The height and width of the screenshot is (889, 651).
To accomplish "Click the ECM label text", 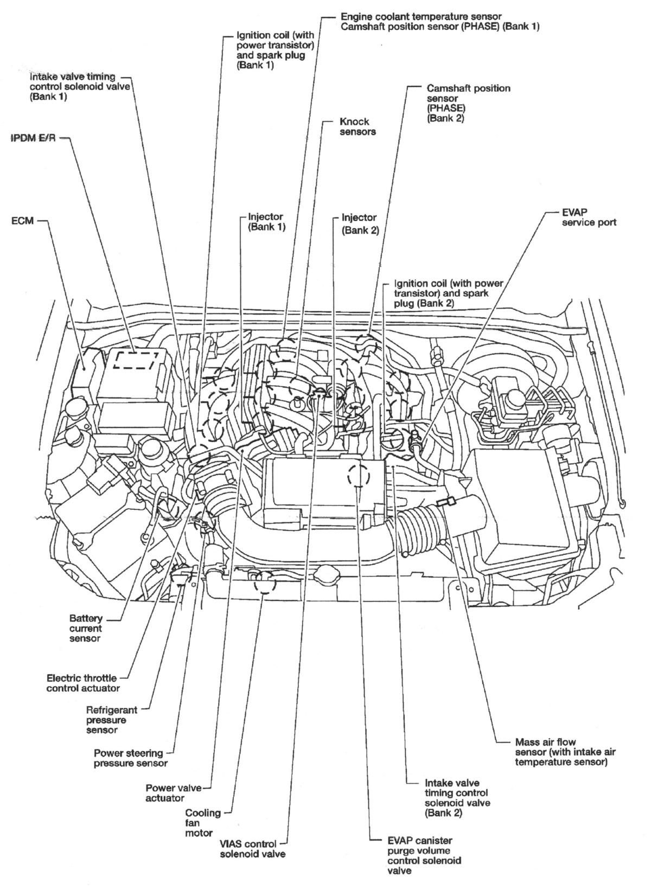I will click(x=22, y=221).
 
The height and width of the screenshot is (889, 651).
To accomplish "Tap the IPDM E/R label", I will click(x=33, y=138).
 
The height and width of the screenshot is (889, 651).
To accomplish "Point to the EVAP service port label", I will click(x=589, y=217).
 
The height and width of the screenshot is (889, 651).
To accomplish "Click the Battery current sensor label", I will click(x=85, y=628).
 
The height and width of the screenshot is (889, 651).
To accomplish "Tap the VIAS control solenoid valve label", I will click(x=248, y=849).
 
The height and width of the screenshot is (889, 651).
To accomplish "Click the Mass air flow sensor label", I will click(x=561, y=752).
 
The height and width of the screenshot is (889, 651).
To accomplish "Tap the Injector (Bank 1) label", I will click(x=266, y=222).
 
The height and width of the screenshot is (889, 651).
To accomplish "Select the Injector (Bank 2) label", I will click(x=359, y=223).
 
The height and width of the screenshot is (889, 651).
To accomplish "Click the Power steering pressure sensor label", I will click(x=129, y=758).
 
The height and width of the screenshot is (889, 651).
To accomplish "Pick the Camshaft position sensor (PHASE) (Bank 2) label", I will click(x=468, y=103).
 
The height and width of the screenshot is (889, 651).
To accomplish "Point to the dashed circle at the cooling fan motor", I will click(x=265, y=585).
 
